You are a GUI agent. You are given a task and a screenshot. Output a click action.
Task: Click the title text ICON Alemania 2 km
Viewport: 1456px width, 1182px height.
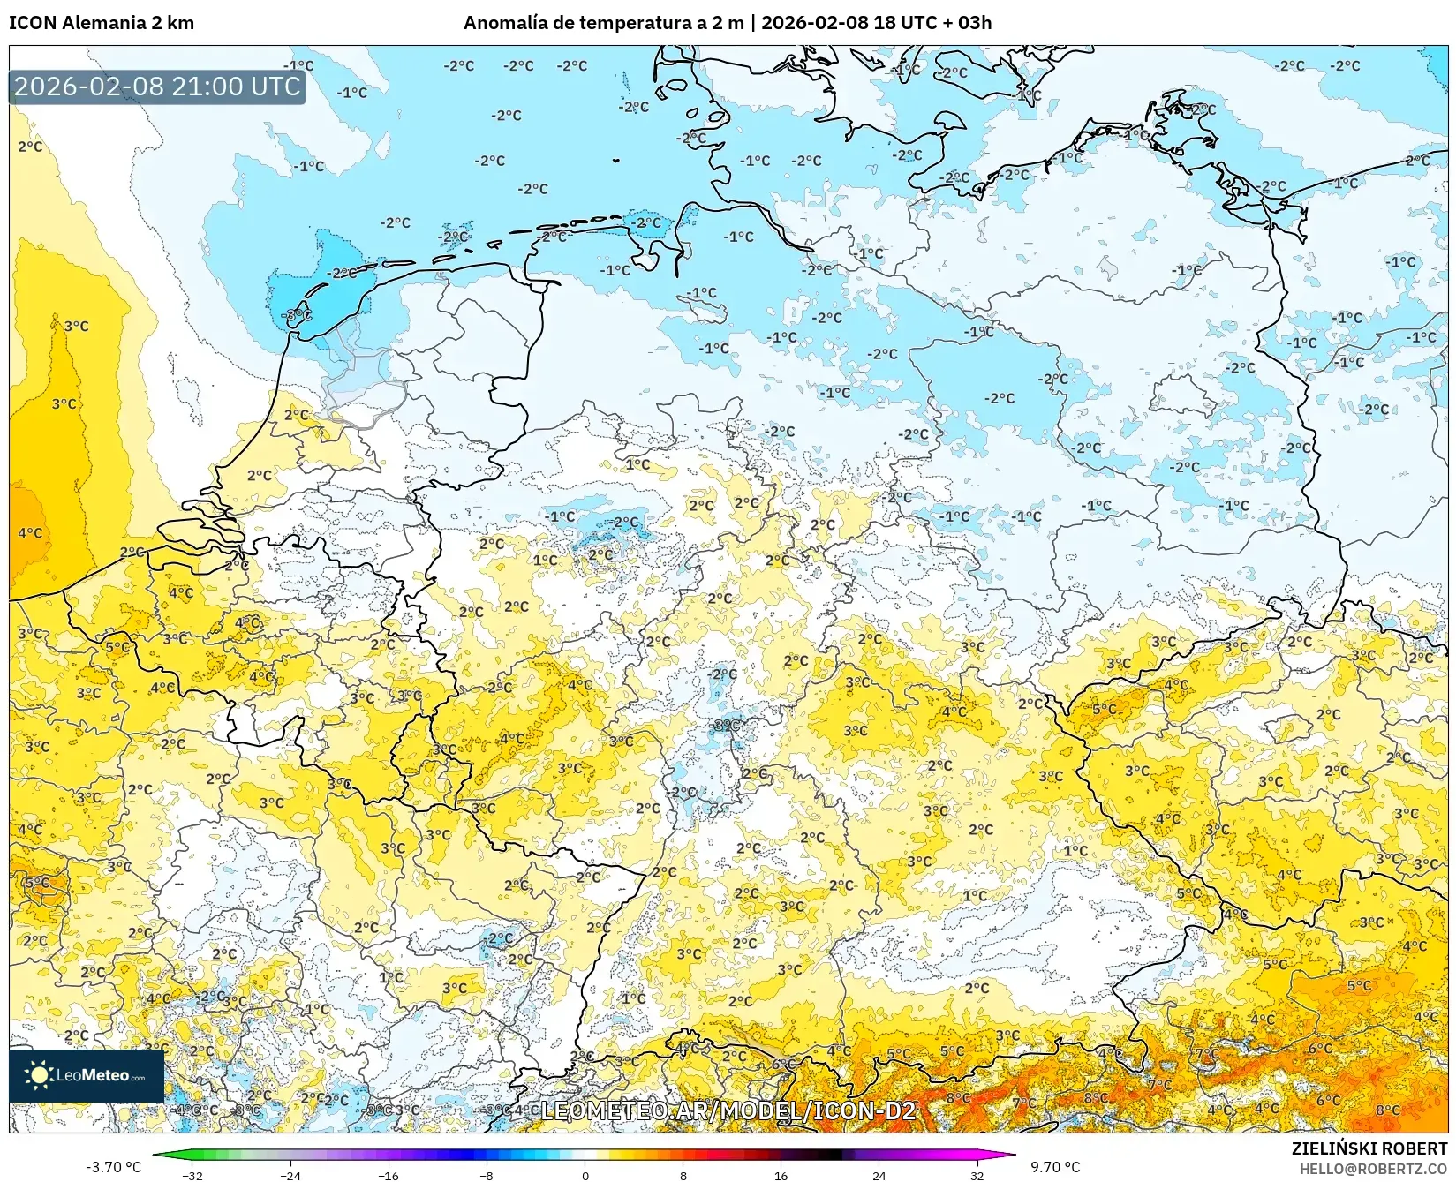tap(102, 23)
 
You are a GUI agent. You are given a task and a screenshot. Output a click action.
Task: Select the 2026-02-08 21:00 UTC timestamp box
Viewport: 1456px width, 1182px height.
tap(157, 87)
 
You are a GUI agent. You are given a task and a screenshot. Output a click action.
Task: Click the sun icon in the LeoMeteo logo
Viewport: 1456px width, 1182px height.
tap(39, 1074)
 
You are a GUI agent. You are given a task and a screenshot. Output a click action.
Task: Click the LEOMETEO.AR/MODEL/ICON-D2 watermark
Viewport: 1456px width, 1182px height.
tap(728, 1110)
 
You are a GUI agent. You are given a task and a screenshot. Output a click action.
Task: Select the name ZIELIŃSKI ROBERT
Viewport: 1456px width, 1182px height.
tap(1369, 1148)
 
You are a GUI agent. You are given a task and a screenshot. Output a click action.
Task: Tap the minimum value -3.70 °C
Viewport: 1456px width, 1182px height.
tap(113, 1167)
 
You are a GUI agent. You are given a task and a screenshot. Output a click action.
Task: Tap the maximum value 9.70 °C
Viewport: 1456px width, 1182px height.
tap(1055, 1167)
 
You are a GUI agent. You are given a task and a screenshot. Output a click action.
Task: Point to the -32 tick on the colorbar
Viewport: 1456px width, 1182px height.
tap(192, 1175)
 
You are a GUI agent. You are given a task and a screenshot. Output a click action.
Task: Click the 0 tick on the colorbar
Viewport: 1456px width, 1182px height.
tap(585, 1175)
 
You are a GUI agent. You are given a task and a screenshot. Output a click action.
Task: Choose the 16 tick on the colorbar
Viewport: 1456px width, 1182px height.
tap(781, 1175)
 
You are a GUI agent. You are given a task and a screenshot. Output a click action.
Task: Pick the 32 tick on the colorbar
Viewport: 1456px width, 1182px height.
tap(977, 1175)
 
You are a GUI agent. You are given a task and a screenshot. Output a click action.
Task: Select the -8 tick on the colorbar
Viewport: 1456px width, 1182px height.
tap(486, 1175)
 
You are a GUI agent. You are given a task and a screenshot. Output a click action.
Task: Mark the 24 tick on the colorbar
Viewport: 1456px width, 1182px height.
tap(879, 1175)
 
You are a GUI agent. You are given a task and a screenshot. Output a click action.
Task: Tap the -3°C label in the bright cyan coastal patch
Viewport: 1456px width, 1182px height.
tap(297, 314)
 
